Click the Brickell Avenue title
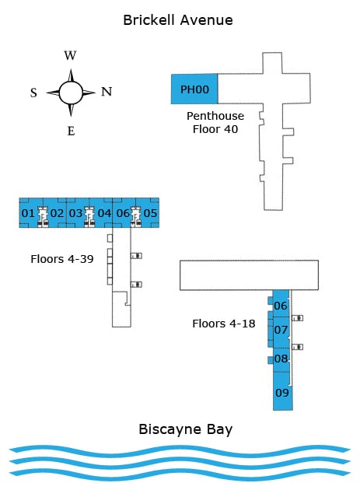coord(177,20)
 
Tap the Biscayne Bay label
coord(185,429)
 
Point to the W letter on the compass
coord(70,55)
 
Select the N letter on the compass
coord(107,92)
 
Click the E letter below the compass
coord(71,131)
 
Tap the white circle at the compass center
coord(71,93)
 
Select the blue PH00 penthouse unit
coord(194,89)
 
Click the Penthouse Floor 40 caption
coord(215,122)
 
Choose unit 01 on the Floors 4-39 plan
coord(28,213)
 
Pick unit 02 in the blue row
coord(57,213)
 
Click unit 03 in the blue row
coord(75,213)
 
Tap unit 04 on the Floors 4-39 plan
coord(104,213)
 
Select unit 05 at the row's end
coord(150,213)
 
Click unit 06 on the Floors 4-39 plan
coord(123,213)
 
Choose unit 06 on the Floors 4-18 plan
coord(281,306)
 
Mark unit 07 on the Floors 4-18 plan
coord(281,331)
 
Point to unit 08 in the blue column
coord(281,359)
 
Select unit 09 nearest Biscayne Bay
coord(282,393)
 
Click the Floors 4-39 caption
coord(62,259)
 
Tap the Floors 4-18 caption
coord(224,322)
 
